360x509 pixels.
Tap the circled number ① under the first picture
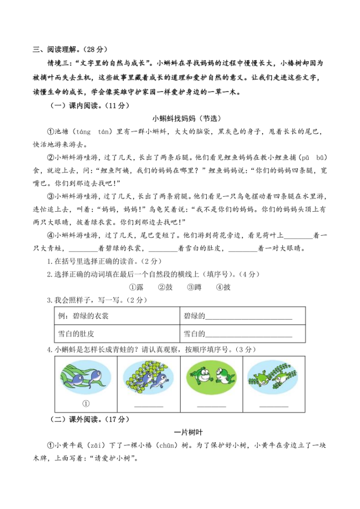pos(86,403)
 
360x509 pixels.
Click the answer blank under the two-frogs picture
pos(211,406)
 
